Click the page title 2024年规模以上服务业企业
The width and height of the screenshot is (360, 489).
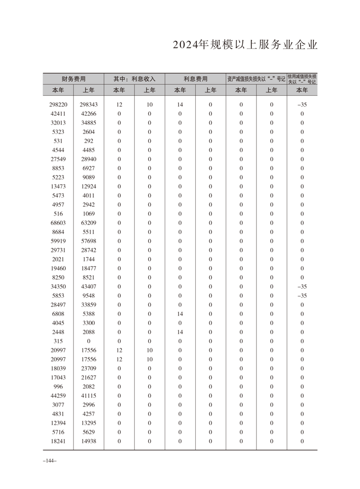pyautogui.click(x=245, y=46)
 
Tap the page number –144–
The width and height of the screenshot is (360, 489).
pyautogui.click(x=49, y=461)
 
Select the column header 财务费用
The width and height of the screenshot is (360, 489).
pyautogui.click(x=73, y=79)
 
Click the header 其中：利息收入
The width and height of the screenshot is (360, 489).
pyautogui.click(x=134, y=79)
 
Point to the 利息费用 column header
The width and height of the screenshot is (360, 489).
pyautogui.click(x=195, y=79)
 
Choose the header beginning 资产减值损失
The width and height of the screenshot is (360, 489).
pyautogui.click(x=256, y=79)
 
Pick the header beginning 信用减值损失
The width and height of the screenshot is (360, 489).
pyautogui.click(x=302, y=79)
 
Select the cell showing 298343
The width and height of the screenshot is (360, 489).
pyautogui.click(x=89, y=104)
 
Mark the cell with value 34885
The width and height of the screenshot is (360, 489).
pyautogui.click(x=89, y=123)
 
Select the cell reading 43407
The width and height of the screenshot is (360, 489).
pyautogui.click(x=89, y=286)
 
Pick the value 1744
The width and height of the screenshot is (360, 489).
pyautogui.click(x=89, y=259)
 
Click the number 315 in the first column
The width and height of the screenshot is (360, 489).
pyautogui.click(x=58, y=341)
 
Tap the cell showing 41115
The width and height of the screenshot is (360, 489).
pyautogui.click(x=89, y=395)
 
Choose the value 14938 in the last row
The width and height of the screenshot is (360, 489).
pyautogui.click(x=89, y=441)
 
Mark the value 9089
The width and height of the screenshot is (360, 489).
pyautogui.click(x=89, y=177)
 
